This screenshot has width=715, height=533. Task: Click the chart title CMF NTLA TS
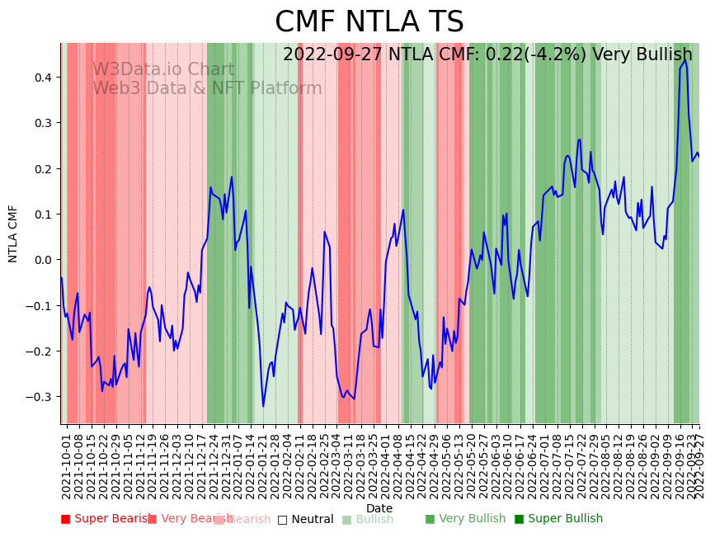369,22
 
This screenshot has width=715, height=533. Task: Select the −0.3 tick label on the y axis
42,397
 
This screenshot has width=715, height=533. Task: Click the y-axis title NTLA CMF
13,233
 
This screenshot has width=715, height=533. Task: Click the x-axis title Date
379,509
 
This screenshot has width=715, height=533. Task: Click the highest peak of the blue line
684,60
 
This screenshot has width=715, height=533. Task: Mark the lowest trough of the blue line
263,406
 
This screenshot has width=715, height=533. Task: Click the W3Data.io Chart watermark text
163,70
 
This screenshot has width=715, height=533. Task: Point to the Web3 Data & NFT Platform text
207,88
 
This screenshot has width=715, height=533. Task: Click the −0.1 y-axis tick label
42,305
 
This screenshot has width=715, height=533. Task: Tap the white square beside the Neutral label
282,520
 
